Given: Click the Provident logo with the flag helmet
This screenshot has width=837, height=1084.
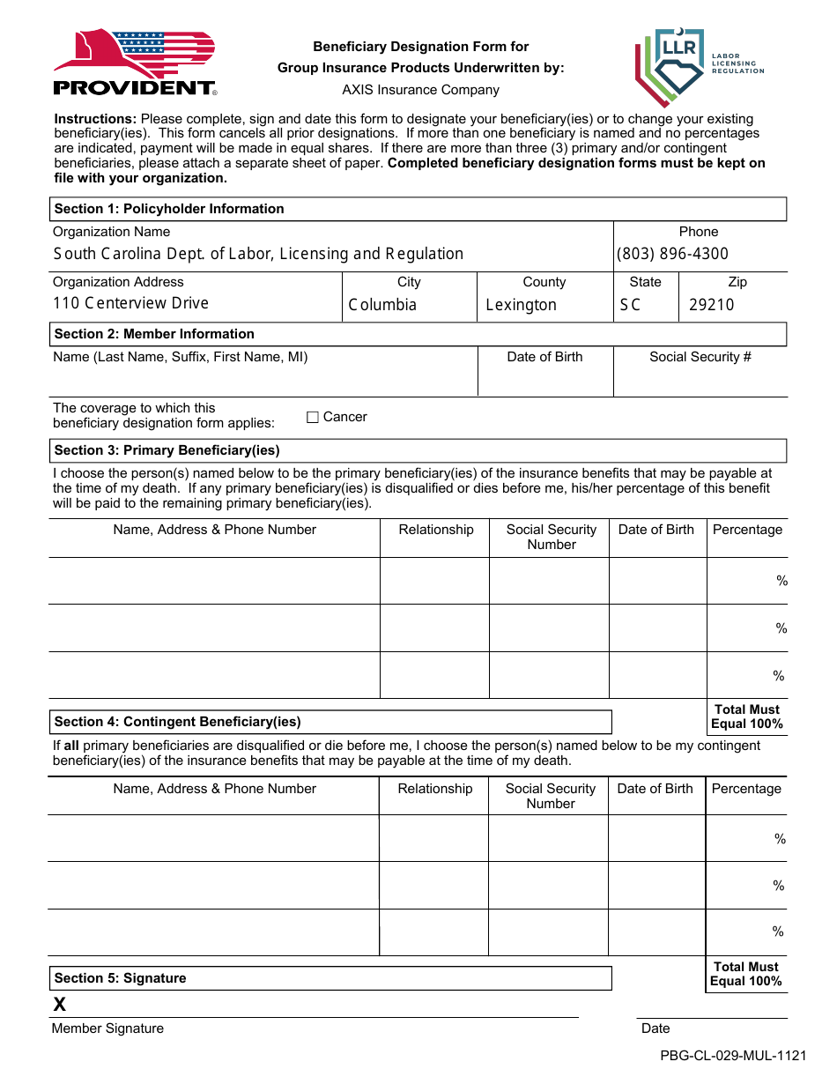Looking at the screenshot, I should coord(134,62).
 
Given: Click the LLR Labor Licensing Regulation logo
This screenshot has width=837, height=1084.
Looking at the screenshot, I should coord(698,66).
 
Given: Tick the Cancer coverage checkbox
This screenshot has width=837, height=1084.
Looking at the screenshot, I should coord(313,418).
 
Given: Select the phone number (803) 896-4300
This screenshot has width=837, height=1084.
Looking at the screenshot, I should coord(672,254).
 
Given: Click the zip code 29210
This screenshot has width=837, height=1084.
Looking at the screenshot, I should coord(711,305).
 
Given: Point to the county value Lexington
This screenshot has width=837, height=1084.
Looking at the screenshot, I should coord(521,305).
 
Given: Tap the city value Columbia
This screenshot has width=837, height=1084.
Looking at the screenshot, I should coord(382,305).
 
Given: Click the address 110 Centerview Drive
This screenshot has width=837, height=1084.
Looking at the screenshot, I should coord(130,303).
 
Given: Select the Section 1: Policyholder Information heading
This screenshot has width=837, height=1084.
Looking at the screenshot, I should coord(169,209).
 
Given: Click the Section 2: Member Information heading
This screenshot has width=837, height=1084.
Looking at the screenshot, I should coord(154,334).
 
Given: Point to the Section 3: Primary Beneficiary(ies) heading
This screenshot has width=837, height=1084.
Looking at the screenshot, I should coord(167,450).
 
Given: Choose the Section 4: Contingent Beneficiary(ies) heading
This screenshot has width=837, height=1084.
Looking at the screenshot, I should coord(177,722).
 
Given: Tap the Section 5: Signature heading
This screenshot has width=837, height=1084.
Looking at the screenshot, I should coord(120,978).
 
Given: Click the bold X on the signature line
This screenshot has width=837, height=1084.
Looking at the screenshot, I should coord(60,1005).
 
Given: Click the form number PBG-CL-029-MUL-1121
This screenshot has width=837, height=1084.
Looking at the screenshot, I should coord(733,1056).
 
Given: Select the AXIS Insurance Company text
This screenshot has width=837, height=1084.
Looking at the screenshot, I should coord(420,90).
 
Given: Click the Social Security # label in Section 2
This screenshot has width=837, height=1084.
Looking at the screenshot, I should coord(700,357).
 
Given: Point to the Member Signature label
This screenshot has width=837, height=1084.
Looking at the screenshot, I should coord(107,1028).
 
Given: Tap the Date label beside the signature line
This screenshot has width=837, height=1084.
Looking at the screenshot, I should coord(656,1028).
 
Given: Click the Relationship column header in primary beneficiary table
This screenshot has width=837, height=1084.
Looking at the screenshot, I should coord(435,530).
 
